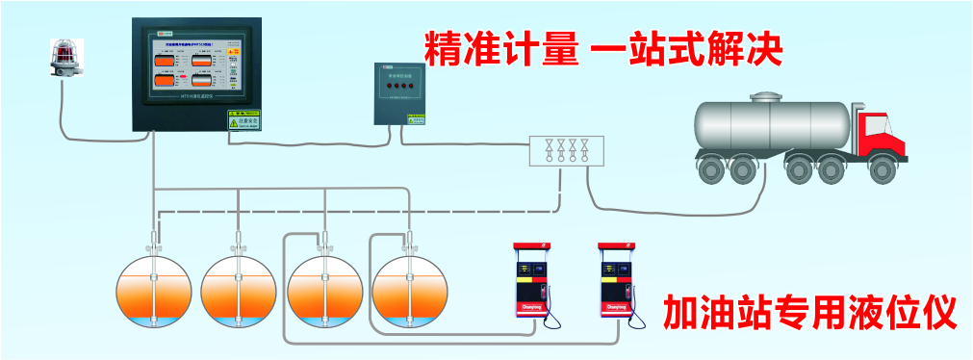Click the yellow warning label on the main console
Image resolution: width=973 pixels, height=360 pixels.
(x=243, y=118)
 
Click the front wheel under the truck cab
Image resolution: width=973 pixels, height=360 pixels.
(x=882, y=167)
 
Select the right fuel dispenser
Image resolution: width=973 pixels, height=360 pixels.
(x=616, y=281)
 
